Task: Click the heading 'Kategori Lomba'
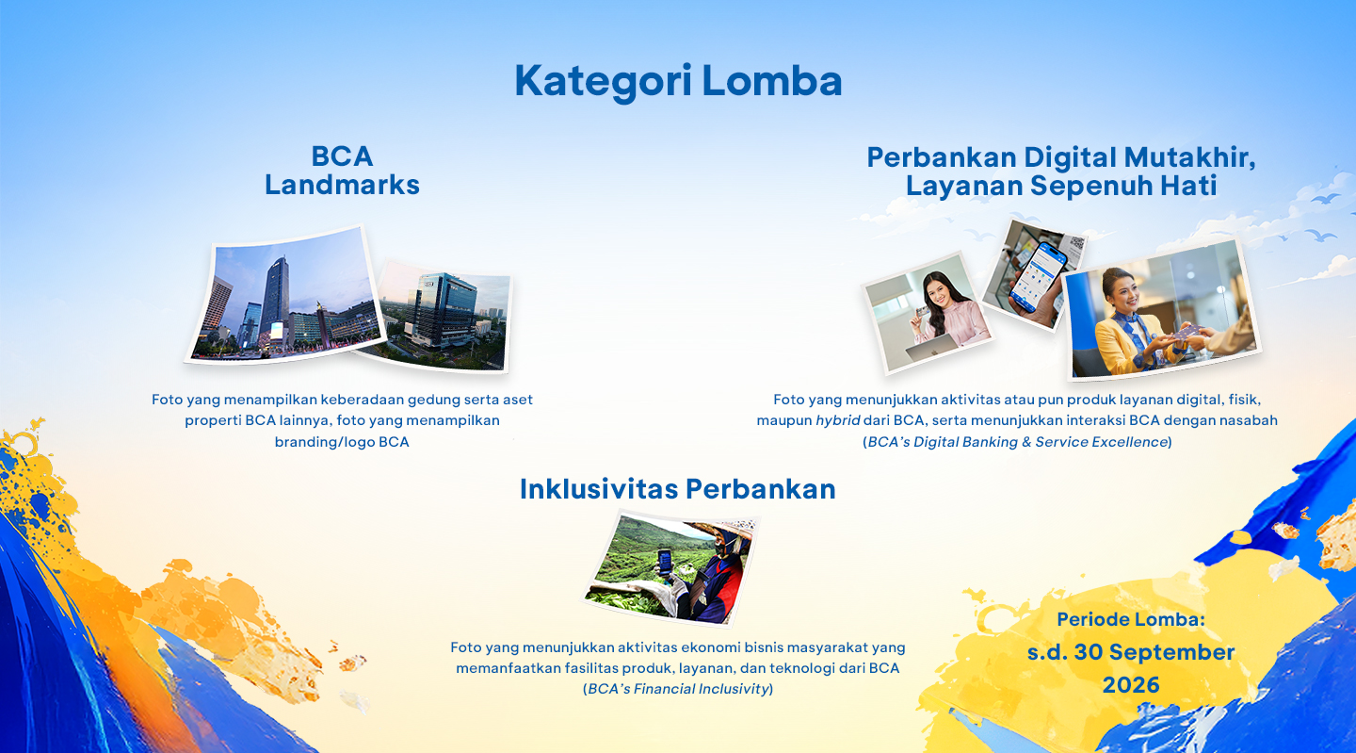click(678, 81)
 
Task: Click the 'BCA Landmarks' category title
click(342, 171)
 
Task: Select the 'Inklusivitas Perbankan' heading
click(677, 489)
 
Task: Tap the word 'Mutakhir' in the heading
click(1189, 156)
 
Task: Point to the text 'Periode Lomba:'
click(1131, 619)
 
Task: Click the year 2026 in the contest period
click(1131, 684)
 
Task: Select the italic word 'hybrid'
click(838, 421)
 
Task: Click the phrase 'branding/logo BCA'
click(342, 442)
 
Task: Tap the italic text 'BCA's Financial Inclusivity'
click(678, 689)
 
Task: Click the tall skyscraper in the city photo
click(276, 300)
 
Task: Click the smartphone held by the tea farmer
click(665, 563)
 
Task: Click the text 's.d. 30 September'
click(1131, 652)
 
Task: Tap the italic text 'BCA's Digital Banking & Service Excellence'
click(1017, 442)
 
